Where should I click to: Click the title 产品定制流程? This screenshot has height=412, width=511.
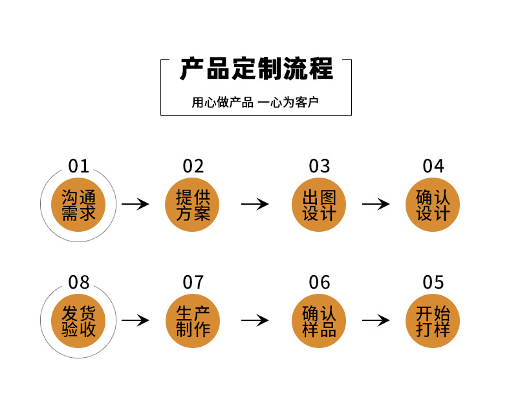coord(256,69)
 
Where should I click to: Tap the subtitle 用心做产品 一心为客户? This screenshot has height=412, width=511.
coord(255,103)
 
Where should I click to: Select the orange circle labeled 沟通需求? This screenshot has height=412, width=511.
coord(79,204)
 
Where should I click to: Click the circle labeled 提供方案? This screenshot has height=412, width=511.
coord(193,204)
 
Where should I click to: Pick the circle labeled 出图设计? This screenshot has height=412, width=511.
coord(320,204)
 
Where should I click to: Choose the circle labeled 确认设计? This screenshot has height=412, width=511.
coord(433,204)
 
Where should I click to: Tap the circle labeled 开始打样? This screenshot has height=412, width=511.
coord(433,320)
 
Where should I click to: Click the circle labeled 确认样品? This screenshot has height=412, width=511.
coord(320,320)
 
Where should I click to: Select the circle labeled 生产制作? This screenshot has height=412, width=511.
coord(193,320)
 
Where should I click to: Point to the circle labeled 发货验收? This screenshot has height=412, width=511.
coord(79,320)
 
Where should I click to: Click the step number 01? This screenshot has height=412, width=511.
coord(79,166)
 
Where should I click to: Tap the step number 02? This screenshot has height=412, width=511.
coord(193,166)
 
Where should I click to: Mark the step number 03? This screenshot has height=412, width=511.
coord(320,166)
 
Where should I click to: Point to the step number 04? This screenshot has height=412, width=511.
coord(433,166)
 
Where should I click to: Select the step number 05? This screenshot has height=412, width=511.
coord(433,282)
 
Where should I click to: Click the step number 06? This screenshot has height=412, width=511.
coord(320,282)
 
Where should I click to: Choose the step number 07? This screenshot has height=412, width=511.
coord(193,282)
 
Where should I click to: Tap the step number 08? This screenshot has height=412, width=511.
coord(79,282)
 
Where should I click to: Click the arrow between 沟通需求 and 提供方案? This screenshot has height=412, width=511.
coord(135,205)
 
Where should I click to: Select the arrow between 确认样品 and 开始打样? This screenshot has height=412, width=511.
coord(376,320)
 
